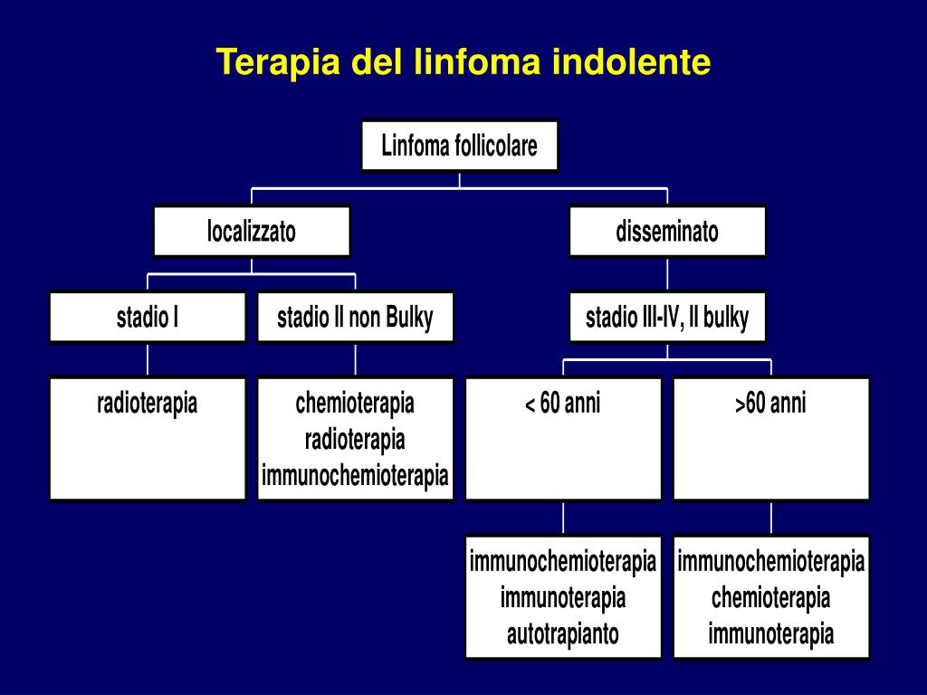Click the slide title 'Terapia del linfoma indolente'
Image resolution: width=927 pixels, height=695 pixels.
pos(463,62)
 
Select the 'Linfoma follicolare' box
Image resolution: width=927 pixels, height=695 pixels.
pos(459,145)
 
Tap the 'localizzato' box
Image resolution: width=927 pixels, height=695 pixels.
pos(251,232)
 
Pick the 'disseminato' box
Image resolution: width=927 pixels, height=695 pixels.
pos(667,232)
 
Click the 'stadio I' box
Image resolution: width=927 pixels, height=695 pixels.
pos(147,318)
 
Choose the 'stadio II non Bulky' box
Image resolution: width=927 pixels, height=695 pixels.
pos(355,318)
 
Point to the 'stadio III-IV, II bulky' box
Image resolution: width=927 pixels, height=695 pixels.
pos(667,318)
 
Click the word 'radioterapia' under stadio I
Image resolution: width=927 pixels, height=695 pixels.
pos(147,403)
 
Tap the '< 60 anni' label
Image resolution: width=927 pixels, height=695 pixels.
pos(563,403)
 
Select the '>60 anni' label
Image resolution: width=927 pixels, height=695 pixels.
pos(770,403)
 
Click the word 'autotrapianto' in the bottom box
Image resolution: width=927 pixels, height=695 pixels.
pos(563,633)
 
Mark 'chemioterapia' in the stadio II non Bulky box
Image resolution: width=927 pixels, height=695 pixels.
pos(355,403)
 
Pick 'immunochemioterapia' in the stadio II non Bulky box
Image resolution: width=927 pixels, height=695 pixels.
pos(355,474)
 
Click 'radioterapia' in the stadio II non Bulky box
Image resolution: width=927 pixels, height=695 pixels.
pos(355,440)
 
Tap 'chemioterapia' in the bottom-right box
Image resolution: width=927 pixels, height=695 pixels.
pos(770,597)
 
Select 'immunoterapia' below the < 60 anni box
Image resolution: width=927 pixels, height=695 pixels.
pos(563,597)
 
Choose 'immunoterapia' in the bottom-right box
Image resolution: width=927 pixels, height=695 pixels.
pos(770,633)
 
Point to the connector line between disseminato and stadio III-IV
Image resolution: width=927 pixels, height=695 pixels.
pos(667,274)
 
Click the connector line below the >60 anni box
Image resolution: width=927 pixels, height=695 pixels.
pos(771,518)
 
